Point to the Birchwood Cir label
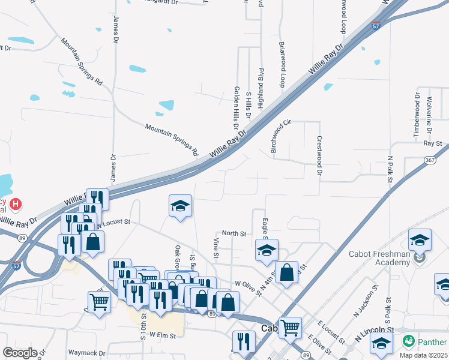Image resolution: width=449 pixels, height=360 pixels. [280, 136]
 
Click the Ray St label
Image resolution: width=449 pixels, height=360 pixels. [432, 144]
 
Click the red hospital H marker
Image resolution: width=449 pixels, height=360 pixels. [16, 205]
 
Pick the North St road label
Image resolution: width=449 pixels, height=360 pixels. [234, 233]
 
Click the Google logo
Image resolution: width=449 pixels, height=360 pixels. [20, 352]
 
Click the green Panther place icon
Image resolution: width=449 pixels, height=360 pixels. [409, 340]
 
